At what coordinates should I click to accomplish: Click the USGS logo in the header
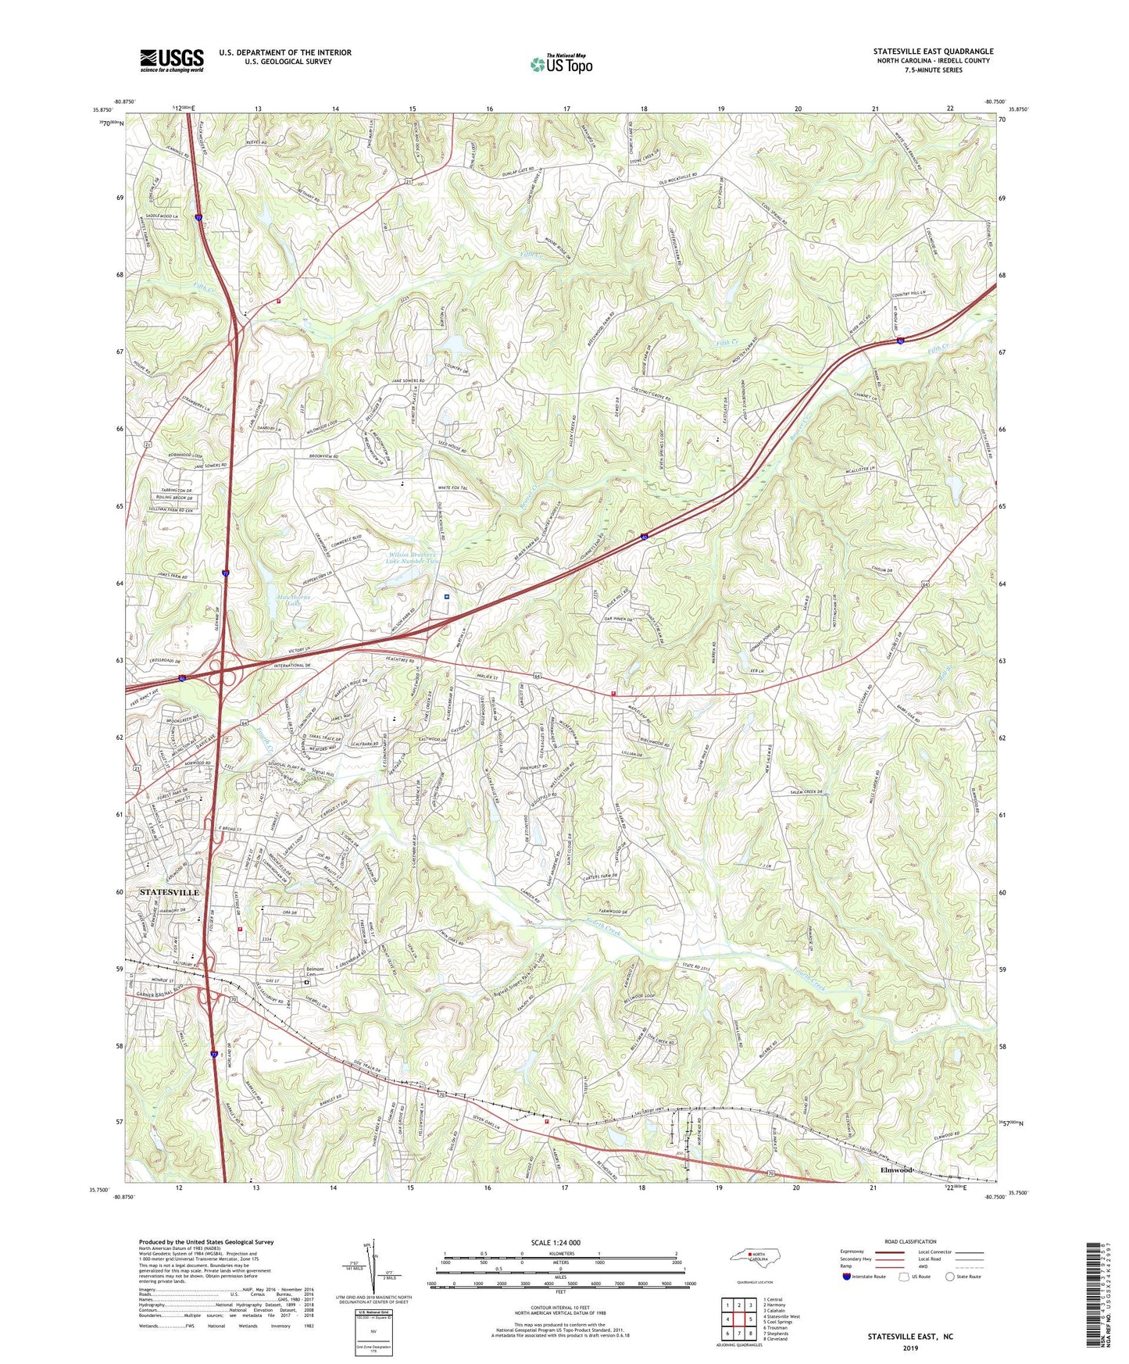(x=171, y=60)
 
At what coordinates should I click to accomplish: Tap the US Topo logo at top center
(x=561, y=64)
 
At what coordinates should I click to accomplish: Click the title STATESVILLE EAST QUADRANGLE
(x=933, y=52)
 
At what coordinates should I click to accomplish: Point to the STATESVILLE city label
(x=169, y=892)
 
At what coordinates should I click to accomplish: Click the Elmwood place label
(x=896, y=1170)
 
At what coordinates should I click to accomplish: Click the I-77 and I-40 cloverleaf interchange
(x=225, y=672)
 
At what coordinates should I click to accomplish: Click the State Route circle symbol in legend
(x=949, y=1277)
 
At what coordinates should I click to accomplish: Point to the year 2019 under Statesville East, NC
(x=909, y=1348)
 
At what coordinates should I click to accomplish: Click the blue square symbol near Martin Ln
(x=446, y=597)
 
